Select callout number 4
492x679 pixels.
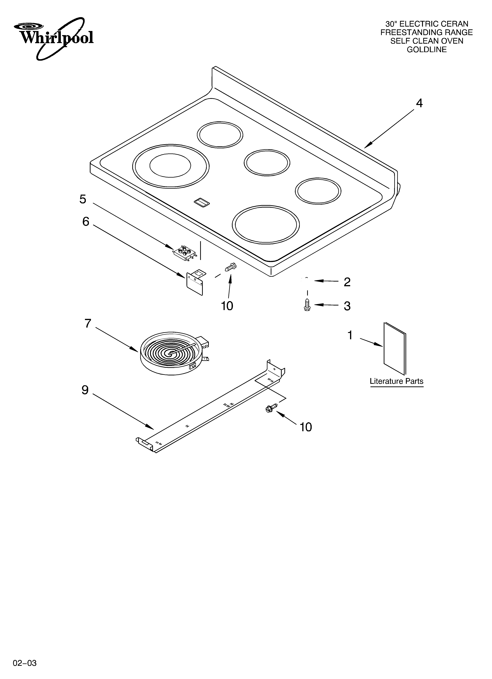coord(419,103)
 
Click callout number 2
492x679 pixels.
coord(347,282)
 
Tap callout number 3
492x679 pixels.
coord(347,306)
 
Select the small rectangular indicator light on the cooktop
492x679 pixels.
coord(202,203)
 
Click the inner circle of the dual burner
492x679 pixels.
coord(170,166)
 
